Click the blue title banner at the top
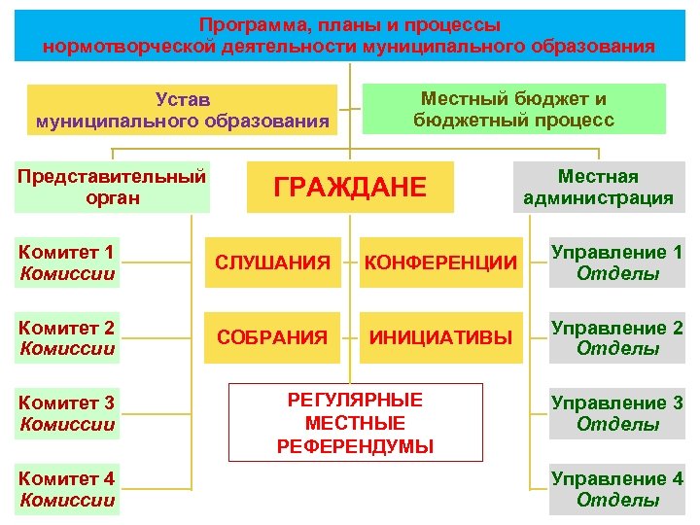pos(349,35)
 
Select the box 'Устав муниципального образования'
pos(182,110)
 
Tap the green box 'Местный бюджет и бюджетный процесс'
pos(513,109)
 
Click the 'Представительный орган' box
pos(113,187)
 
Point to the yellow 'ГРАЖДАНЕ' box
pos(350,187)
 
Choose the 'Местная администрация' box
pos(598,187)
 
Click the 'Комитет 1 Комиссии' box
pos(67,263)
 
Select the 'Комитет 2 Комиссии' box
pos(67,337)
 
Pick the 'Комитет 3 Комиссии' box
pos(67,413)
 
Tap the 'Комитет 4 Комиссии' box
pos(67,489)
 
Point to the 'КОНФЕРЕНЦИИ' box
pos(440,262)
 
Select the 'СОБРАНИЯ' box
pos(272,337)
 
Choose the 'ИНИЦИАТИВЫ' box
pos(440,337)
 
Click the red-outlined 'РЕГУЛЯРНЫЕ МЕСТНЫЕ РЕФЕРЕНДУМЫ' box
pos(355,423)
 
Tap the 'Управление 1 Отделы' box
pos(616,263)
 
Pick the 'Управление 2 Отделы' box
pos(616,337)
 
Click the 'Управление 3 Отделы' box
pos(616,413)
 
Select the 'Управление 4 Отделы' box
pos(616,489)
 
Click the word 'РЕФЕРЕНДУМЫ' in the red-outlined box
pos(355,447)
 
